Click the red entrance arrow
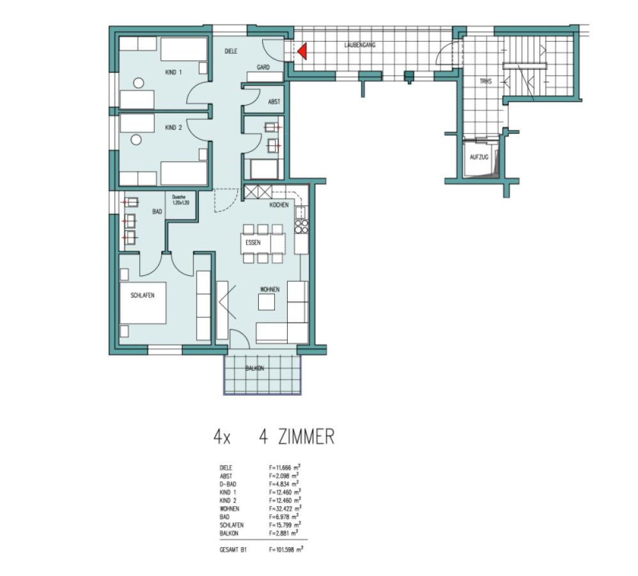302,50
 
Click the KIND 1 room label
173,72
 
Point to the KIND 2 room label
174,128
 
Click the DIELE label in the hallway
231,51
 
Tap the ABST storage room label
274,102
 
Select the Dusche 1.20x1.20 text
181,200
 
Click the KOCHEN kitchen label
279,205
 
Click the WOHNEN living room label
269,289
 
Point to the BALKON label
255,369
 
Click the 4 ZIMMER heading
297,437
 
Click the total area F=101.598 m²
286,548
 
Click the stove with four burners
301,228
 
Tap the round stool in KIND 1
137,83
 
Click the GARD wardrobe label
262,67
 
